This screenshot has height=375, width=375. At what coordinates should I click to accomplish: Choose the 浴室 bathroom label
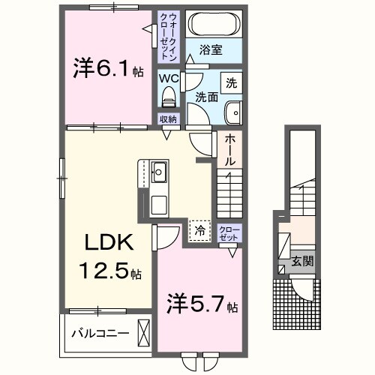pyautogui.click(x=210, y=52)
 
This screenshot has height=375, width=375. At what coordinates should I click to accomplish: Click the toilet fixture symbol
pyautogui.click(x=168, y=96)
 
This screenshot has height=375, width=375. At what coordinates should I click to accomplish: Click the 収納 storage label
pyautogui.click(x=167, y=119)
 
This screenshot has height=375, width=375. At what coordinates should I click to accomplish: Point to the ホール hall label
pyautogui.click(x=229, y=151)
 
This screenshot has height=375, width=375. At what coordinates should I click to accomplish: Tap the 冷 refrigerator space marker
pyautogui.click(x=199, y=230)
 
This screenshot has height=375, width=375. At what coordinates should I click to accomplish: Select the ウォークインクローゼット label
pyautogui.click(x=167, y=36)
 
